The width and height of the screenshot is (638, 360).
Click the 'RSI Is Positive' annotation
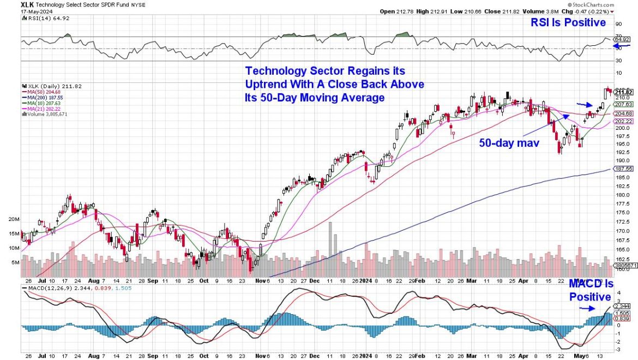[x=569, y=22]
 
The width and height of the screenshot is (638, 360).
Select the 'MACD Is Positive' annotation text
[x=591, y=290]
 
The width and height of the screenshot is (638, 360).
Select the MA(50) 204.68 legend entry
[x=41, y=91]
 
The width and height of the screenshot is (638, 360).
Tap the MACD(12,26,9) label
[x=47, y=287]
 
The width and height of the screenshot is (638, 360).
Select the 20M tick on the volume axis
[x=13, y=219]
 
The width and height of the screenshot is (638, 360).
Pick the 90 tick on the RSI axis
[x=618, y=24]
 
